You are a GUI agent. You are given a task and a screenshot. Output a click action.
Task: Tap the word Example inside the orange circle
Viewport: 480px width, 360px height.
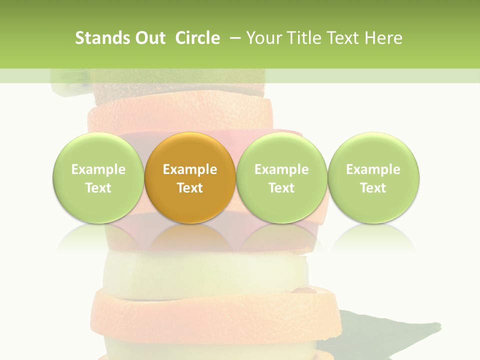[190, 169]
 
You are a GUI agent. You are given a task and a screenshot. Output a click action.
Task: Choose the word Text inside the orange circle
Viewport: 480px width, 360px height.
[190, 188]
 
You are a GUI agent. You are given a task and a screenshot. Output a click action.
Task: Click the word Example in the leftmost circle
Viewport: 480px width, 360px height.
[98, 169]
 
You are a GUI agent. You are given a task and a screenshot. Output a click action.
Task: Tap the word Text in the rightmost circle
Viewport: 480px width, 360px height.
[373, 188]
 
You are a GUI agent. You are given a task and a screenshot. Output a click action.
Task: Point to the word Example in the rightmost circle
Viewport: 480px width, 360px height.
[373, 169]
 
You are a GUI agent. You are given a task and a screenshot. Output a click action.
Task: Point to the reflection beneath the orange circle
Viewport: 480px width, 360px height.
[190, 237]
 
